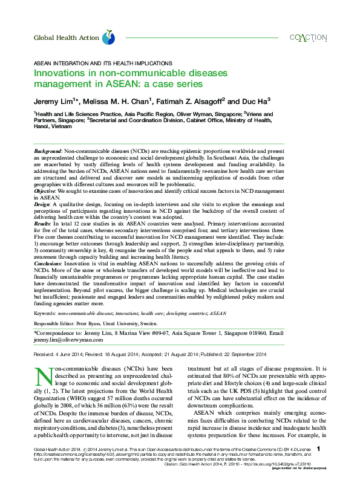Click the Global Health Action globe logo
click(108, 38)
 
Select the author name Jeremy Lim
click(53, 100)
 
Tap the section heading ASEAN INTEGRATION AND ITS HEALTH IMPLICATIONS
click(102, 63)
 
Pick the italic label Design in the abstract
click(42, 204)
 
